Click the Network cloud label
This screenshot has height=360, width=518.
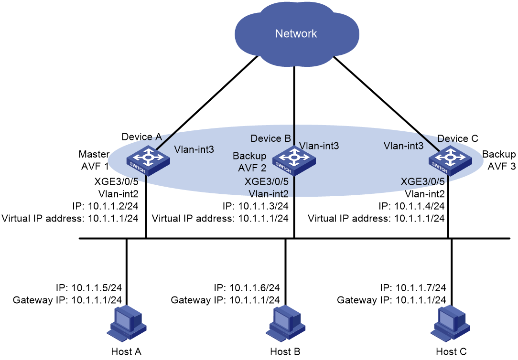tap(296, 33)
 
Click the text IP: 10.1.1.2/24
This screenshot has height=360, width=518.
tap(106, 206)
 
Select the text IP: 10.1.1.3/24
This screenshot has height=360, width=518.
tap(255, 206)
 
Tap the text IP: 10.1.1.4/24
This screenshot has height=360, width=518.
tap(411, 206)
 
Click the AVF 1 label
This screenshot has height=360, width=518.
tap(95, 166)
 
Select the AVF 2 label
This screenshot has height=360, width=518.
tap(252, 168)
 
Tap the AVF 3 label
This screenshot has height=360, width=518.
tap(501, 166)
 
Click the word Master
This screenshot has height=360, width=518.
tap(94, 154)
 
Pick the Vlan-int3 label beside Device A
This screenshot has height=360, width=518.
tap(194, 149)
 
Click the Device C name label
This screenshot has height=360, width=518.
tap(458, 138)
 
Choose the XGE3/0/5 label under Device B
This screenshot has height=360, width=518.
tap(267, 181)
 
